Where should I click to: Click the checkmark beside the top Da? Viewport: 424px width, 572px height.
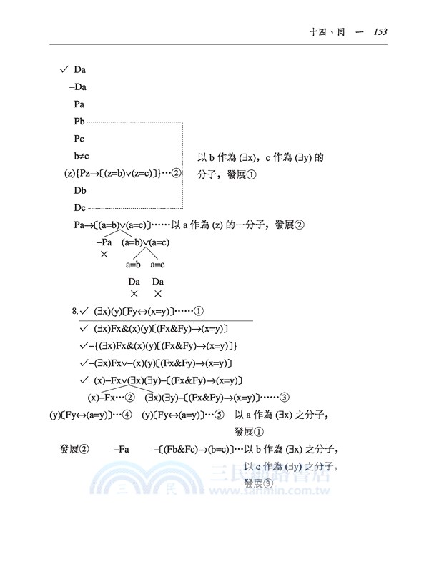coord(64,69)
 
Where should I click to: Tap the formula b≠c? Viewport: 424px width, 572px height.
coord(81,156)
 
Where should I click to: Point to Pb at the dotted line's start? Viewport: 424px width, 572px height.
coord(79,122)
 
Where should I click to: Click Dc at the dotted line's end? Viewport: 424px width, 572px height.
coord(79,208)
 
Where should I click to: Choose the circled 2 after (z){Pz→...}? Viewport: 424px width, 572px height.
coord(177,173)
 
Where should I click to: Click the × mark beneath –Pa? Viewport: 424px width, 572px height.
coord(104,255)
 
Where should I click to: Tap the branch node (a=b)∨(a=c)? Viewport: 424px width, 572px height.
coord(146,242)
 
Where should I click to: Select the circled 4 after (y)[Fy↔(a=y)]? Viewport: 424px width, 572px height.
coord(128,414)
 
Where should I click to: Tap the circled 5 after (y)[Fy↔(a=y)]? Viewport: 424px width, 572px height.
coord(220,414)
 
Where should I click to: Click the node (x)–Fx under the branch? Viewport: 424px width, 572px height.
coord(104,397)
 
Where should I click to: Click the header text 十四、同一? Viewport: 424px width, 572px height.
coord(336,31)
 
